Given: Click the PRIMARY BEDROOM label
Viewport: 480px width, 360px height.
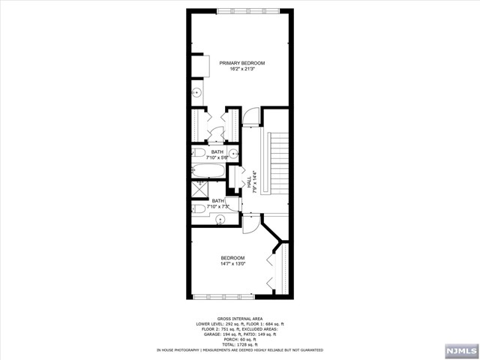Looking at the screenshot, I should (x=242, y=63).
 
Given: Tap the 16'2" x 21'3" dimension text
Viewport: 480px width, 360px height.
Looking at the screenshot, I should (x=242, y=69).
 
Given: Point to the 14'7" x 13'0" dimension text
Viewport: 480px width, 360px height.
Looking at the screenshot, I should (x=232, y=263).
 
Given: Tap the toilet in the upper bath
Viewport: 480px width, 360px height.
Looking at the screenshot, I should (x=199, y=152).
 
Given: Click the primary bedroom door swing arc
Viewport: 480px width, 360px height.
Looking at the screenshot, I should (x=251, y=116).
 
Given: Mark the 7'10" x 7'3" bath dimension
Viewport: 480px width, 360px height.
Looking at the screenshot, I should (x=218, y=206).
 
